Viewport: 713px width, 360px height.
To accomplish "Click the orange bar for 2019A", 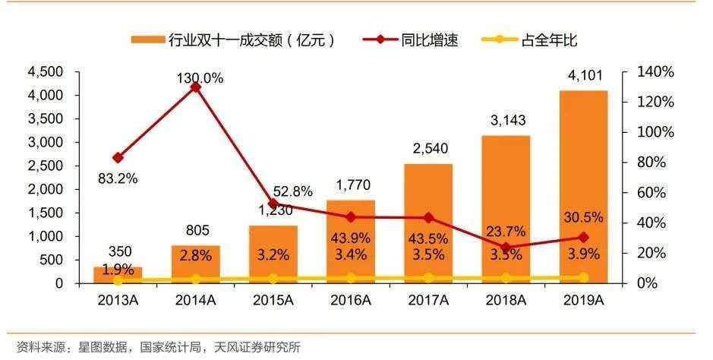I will pyautogui.click(x=584, y=186).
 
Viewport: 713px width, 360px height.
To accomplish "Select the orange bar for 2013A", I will pyautogui.click(x=118, y=274).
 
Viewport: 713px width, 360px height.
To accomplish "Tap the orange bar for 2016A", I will pyautogui.click(x=351, y=242).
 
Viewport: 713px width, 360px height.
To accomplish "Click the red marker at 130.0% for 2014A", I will pyautogui.click(x=195, y=87).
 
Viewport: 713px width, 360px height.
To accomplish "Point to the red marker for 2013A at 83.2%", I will pyautogui.click(x=118, y=158).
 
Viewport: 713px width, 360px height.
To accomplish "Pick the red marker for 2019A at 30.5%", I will pyautogui.click(x=584, y=237).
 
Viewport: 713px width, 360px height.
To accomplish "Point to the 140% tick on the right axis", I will pyautogui.click(x=655, y=72).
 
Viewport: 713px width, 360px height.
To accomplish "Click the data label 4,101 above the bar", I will pyautogui.click(x=584, y=76).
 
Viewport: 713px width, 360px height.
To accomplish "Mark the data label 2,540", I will pyautogui.click(x=428, y=150).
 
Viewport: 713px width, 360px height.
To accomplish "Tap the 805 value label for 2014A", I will pyautogui.click(x=196, y=231).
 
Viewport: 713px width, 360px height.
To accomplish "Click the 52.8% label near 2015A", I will pyautogui.click(x=292, y=192).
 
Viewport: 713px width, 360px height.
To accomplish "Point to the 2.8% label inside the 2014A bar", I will pyautogui.click(x=196, y=255).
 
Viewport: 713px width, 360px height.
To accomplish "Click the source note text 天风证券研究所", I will pyautogui.click(x=258, y=348).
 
